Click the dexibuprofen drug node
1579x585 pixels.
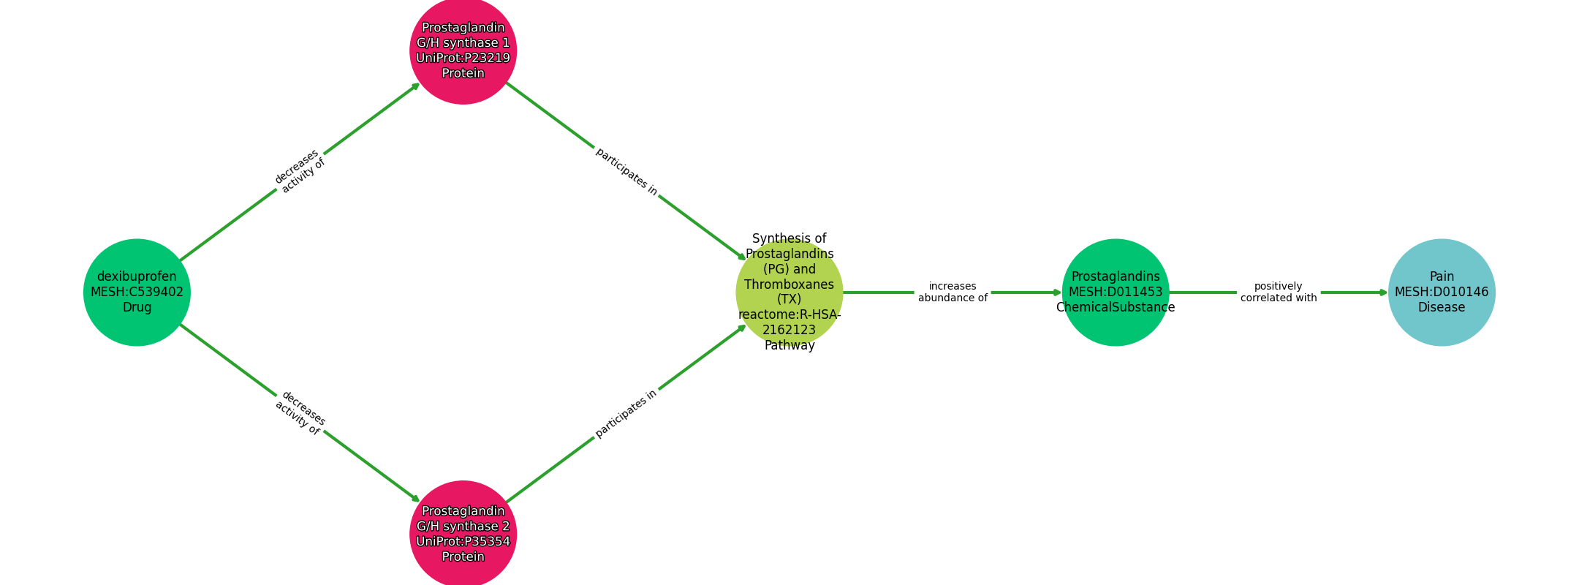point(137,292)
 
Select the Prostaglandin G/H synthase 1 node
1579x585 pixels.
point(463,51)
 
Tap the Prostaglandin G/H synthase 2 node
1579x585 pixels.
point(463,534)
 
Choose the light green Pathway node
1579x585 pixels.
point(789,292)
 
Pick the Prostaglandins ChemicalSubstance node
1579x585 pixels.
point(1116,292)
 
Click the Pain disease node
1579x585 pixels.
point(1442,292)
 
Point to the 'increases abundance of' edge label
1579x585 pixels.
point(953,292)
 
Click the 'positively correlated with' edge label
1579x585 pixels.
point(1279,292)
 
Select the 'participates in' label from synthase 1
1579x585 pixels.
point(626,172)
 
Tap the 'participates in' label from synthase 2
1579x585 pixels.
point(626,413)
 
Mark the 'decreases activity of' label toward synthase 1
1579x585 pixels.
point(300,172)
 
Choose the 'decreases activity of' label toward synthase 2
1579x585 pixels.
point(300,413)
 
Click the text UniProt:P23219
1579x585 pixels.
point(463,58)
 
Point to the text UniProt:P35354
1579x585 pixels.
point(463,542)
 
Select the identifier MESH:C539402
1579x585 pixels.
point(137,292)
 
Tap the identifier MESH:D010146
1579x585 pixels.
point(1442,292)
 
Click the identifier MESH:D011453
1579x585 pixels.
point(1116,292)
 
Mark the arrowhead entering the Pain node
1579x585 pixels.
point(1383,292)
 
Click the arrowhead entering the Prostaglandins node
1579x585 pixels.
point(1057,292)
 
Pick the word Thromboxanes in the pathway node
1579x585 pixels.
point(789,284)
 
